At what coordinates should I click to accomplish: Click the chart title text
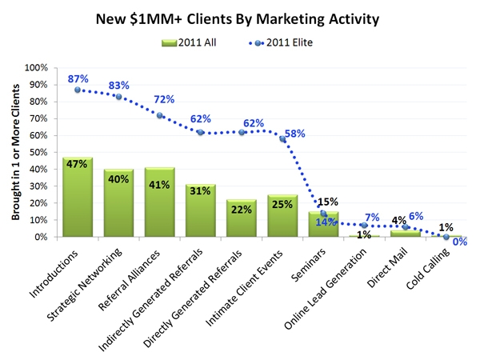(x=240, y=17)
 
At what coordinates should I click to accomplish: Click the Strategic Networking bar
(x=118, y=203)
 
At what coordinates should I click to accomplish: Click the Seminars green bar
(x=323, y=225)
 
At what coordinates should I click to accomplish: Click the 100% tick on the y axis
(x=39, y=68)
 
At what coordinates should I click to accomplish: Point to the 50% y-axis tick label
(x=42, y=153)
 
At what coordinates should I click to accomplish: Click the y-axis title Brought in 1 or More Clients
(x=17, y=152)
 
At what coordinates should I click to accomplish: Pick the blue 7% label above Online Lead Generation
(x=374, y=217)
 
